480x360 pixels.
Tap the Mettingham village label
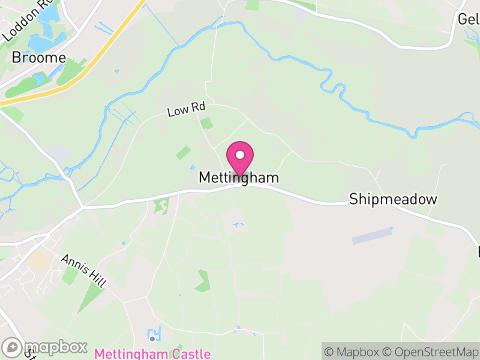[x=239, y=178]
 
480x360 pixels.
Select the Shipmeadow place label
[x=393, y=199]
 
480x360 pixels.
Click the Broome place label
[x=39, y=58]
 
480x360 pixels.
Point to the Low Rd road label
[x=186, y=110]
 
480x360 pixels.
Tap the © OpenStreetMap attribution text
[x=431, y=352]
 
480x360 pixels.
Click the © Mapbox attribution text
[x=353, y=352]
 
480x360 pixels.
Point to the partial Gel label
[x=469, y=19]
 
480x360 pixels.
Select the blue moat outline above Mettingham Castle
[x=154, y=333]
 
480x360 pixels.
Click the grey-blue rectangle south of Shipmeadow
[x=371, y=236]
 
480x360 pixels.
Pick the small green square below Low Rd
[x=206, y=124]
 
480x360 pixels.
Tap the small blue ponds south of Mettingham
[x=239, y=225]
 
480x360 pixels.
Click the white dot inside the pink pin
[x=240, y=155]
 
